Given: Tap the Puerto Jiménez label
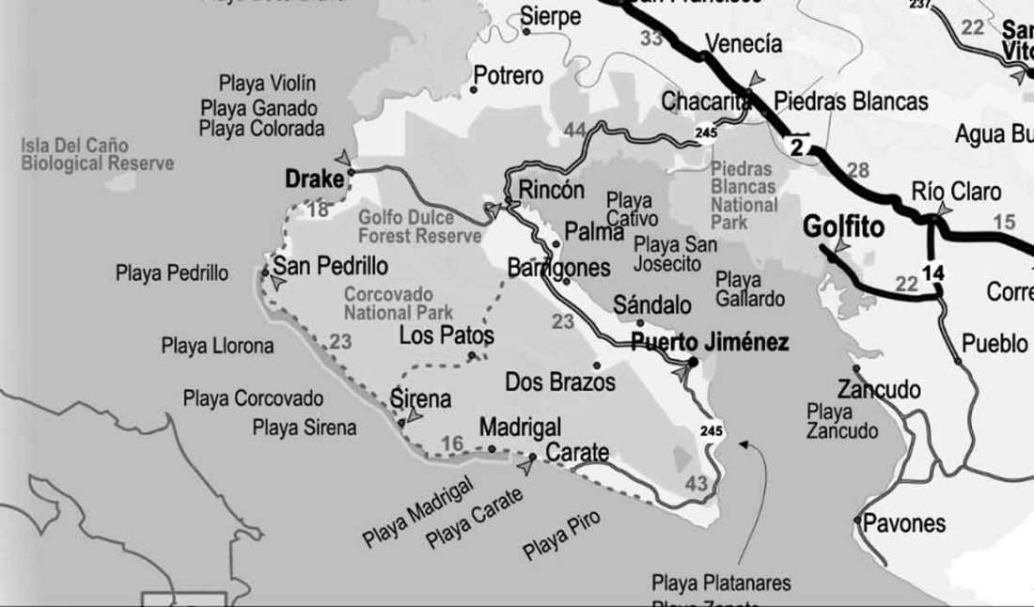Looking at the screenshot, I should tap(710, 343).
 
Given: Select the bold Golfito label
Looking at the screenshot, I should tap(843, 227).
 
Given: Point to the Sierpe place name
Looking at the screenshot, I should tap(551, 17).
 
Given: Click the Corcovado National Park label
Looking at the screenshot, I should tap(399, 303).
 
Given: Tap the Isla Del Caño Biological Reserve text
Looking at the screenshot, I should tap(98, 155).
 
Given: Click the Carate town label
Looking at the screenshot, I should tap(577, 452).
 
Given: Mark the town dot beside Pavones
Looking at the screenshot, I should tap(857, 519).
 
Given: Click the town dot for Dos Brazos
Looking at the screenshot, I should tap(596, 366).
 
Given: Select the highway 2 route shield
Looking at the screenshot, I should tap(797, 146).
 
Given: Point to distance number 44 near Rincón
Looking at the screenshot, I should tap(575, 130).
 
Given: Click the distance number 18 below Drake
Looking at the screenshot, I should tap(319, 209).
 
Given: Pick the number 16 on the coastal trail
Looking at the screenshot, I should tap(452, 444).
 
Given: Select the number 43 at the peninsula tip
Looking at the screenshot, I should tap(697, 483).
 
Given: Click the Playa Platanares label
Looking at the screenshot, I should tap(721, 582).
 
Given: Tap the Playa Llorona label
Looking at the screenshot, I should tap(217, 346).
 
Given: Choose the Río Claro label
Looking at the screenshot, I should tap(956, 192).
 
